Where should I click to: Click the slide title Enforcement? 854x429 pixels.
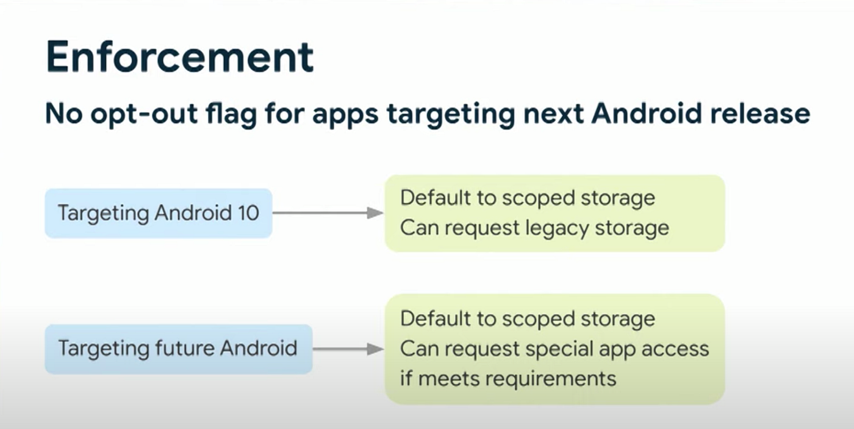pos(180,57)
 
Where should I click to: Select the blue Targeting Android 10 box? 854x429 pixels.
pos(159,213)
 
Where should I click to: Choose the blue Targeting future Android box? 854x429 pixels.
pos(179,349)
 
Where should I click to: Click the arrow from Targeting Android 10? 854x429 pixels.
pos(328,213)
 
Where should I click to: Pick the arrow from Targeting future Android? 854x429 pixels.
pos(348,349)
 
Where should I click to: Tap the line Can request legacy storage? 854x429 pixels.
pos(534,229)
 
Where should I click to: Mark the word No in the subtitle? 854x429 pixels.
pos(63,114)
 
